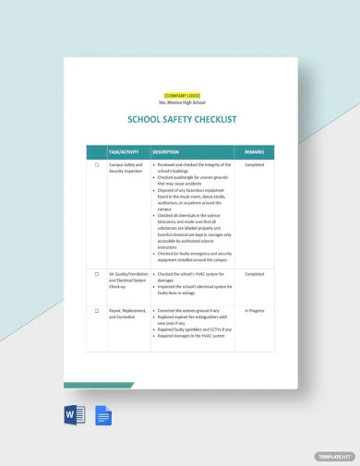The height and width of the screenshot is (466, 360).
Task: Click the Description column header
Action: (x=166, y=151)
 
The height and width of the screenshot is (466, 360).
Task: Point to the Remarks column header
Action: (x=254, y=151)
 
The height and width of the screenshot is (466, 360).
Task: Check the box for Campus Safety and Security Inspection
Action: (x=97, y=165)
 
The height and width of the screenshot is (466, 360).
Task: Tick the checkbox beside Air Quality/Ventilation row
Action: (x=97, y=274)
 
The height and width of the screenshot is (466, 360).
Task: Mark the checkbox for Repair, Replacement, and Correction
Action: (x=97, y=310)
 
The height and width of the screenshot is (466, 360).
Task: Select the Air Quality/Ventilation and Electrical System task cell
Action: (x=127, y=280)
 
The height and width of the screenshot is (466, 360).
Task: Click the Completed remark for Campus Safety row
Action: (x=254, y=165)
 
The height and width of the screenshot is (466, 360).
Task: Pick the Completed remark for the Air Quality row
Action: (x=254, y=274)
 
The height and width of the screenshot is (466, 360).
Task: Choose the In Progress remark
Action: (x=254, y=310)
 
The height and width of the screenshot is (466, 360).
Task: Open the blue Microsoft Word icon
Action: (x=75, y=415)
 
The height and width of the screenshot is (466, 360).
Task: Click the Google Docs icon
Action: (x=102, y=415)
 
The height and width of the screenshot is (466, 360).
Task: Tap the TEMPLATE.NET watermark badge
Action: (x=334, y=456)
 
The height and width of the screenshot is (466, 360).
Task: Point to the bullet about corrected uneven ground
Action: (x=191, y=310)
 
